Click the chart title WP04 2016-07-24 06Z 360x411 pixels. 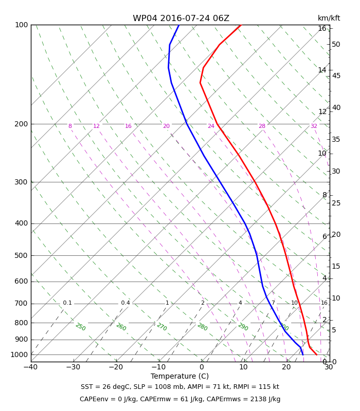181,18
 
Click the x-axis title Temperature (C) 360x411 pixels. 179,376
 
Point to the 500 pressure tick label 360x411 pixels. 21,255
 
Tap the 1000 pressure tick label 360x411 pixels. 19,354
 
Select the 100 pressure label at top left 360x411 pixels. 21,25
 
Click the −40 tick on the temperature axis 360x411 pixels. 31,367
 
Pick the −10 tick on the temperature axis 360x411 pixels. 159,367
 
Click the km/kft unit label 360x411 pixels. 329,18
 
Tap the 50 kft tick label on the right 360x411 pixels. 336,45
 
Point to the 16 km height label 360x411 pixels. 322,28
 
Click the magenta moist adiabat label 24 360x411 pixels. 211,126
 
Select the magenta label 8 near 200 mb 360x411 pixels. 70,126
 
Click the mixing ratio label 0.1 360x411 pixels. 67,303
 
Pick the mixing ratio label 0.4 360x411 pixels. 125,303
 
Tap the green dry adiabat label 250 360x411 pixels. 81,327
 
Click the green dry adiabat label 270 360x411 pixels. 162,327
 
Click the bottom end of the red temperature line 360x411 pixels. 317,354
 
